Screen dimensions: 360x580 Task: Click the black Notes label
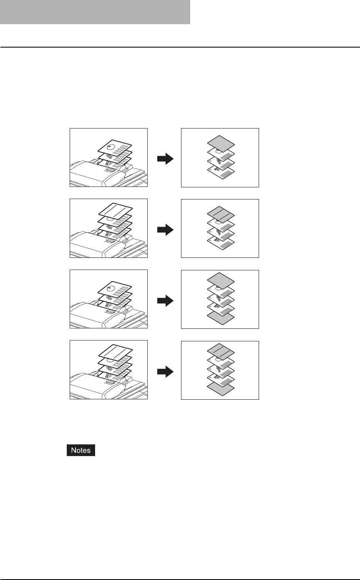coord(81,451)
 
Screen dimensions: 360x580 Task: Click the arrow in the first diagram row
coord(165,159)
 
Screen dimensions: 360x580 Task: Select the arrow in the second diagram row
coord(165,229)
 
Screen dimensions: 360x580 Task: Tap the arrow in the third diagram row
coord(165,300)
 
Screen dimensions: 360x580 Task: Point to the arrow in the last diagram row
coord(165,371)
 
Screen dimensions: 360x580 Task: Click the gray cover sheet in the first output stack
coord(221,141)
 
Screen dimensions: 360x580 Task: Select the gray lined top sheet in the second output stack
coord(221,212)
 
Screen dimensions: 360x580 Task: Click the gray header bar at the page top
coord(95,12)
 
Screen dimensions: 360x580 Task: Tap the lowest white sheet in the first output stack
coord(221,172)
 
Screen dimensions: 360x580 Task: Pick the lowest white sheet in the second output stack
coord(221,243)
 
